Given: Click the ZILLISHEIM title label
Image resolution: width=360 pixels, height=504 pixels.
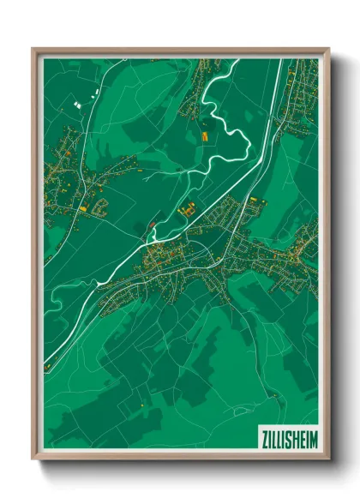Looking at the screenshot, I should [287, 436].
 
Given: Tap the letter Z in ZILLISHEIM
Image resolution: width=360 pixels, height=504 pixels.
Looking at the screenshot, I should [262, 436].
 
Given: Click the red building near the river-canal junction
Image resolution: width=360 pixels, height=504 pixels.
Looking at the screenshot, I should [153, 225].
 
